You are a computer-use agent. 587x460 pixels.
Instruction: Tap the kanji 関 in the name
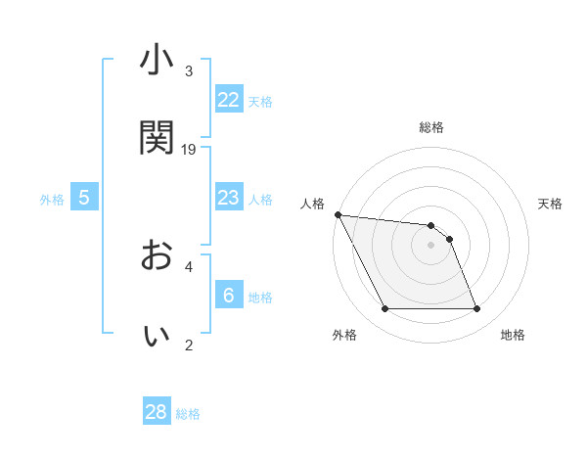(157, 137)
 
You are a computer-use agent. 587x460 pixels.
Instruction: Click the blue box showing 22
(228, 100)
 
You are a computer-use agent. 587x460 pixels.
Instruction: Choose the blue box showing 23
(228, 199)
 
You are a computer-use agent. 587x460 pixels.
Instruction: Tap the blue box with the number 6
(228, 296)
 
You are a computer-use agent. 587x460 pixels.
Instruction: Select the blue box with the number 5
(84, 199)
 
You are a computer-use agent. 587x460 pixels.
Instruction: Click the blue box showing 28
(157, 412)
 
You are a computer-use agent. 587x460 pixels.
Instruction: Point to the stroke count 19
(189, 150)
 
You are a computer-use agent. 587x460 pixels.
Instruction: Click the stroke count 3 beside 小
(189, 72)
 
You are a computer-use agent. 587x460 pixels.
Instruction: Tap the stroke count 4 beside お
(189, 266)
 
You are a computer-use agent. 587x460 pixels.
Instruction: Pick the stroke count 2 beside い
(189, 345)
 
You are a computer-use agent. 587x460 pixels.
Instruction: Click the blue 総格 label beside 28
(188, 414)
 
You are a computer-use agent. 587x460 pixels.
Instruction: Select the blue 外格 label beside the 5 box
(52, 200)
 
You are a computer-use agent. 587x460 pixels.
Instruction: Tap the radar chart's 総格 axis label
(431, 127)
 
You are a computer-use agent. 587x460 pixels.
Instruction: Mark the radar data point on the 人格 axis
(338, 214)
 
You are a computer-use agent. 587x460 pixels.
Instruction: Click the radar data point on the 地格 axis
(476, 309)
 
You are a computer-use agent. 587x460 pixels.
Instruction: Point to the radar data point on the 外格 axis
(384, 309)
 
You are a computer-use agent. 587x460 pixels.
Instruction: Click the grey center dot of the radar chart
(431, 245)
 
